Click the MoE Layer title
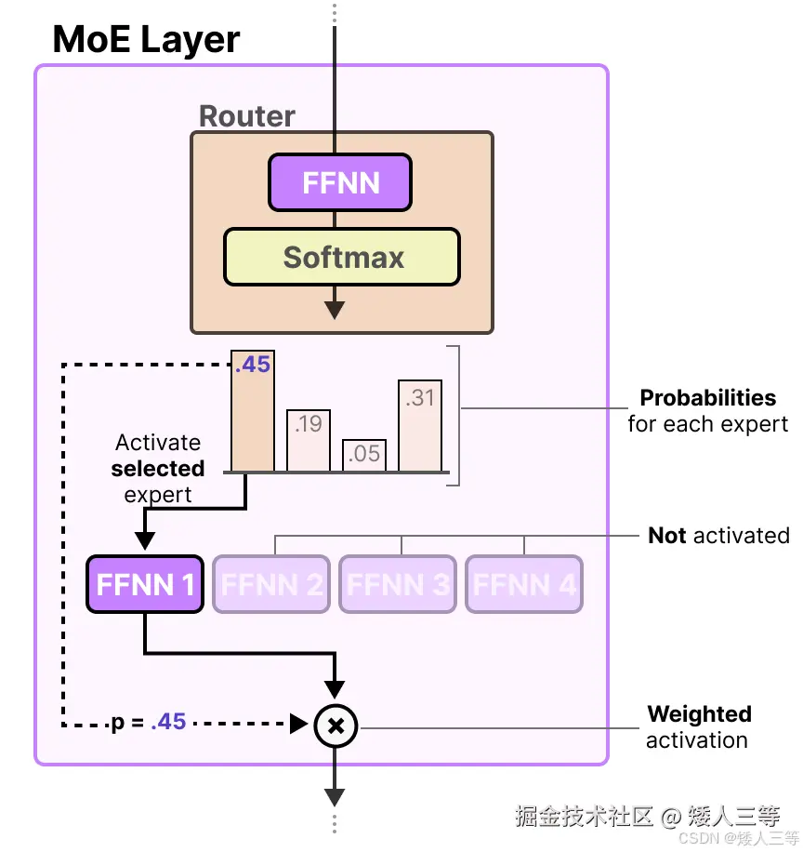tap(146, 39)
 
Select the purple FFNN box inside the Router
tap(340, 182)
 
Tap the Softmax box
tap(342, 257)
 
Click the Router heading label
tap(247, 116)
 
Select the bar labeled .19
tap(309, 440)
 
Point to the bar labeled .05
tap(364, 455)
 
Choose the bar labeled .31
tap(420, 425)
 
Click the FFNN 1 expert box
tap(145, 584)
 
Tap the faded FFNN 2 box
tap(271, 584)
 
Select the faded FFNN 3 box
tap(398, 584)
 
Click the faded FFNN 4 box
tap(524, 584)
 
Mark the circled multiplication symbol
tap(336, 725)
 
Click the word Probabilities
tap(707, 398)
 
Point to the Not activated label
tap(718, 536)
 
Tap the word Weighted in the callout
tap(699, 714)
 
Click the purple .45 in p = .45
tap(168, 722)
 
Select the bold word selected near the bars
tap(158, 469)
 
